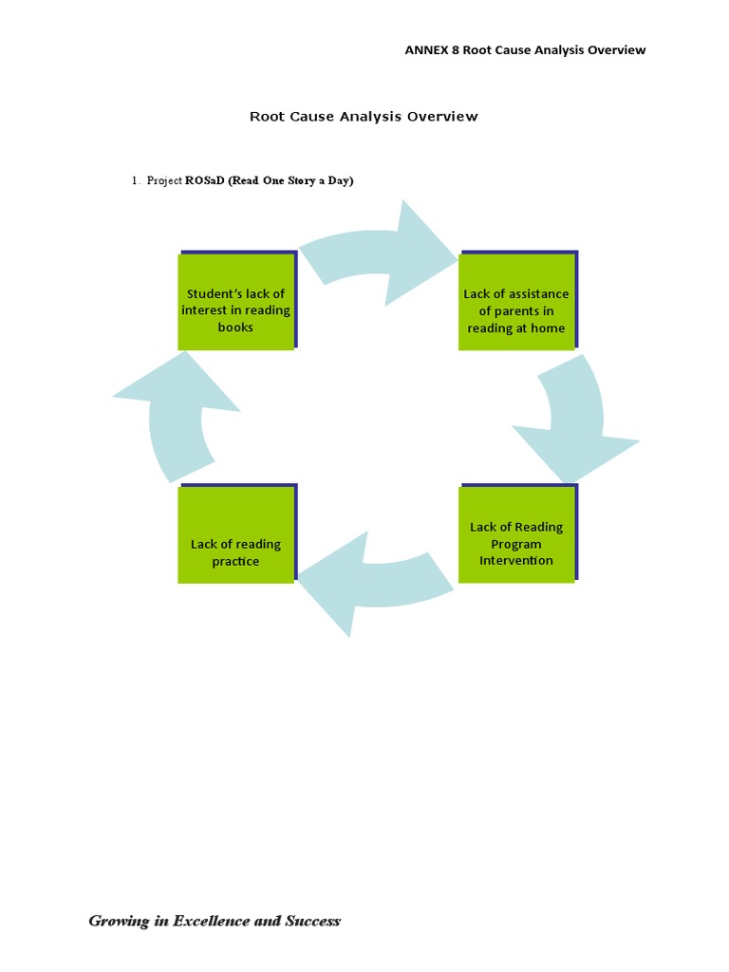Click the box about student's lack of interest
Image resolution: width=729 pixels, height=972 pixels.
tap(235, 302)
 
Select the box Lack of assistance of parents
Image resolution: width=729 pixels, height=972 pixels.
tap(516, 302)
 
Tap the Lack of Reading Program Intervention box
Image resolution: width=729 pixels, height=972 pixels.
tap(516, 535)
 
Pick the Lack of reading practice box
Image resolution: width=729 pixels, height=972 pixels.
tap(235, 535)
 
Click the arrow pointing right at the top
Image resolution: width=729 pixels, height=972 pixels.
tap(380, 252)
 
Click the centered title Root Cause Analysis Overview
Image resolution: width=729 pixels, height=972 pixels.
tap(364, 117)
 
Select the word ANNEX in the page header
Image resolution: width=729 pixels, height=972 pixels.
tap(424, 50)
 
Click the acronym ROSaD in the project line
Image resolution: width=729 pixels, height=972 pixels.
tap(205, 180)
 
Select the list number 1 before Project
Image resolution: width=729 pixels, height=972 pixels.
tap(135, 180)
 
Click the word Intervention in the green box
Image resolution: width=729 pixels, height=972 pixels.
tap(516, 561)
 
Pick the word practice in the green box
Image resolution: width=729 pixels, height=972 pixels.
tap(235, 562)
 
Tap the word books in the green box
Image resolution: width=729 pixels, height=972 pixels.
tap(235, 327)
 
